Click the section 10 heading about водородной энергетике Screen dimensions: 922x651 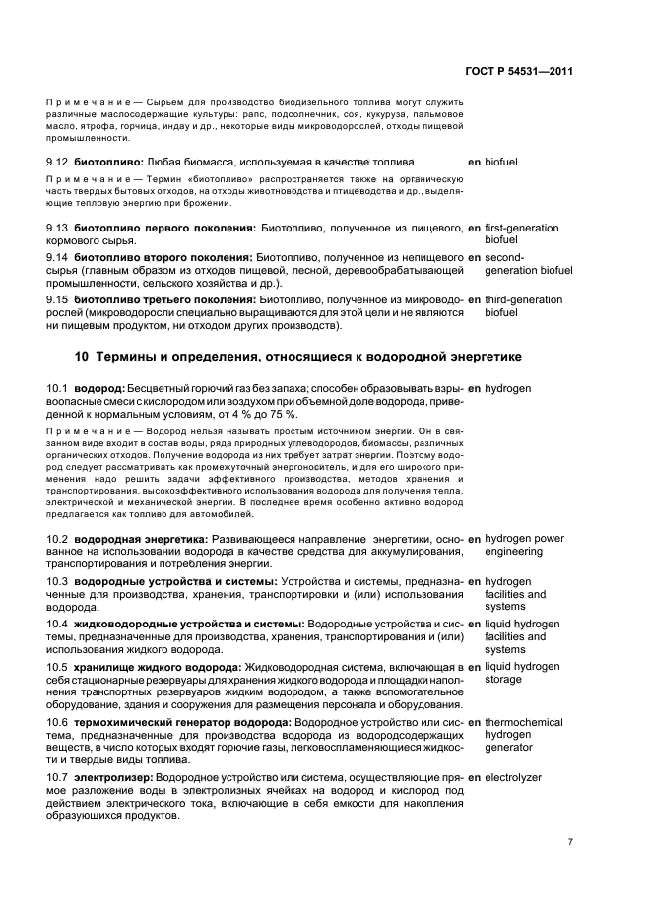coord(298,356)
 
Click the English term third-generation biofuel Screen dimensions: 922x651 coord(524,306)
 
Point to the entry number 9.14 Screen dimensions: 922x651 coord(58,257)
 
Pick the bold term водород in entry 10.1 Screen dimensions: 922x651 coord(100,388)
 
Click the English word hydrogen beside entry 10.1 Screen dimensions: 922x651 coord(508,388)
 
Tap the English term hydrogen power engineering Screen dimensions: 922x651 coord(525,546)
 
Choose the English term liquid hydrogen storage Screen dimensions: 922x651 coord(522,674)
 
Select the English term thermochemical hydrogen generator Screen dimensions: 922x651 coord(524,735)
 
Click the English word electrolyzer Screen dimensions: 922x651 coord(513,777)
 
